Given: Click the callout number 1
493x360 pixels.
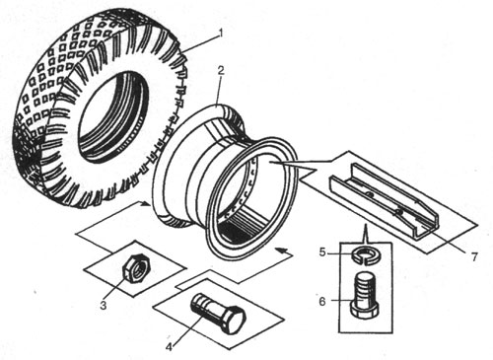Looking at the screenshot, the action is point(221,34).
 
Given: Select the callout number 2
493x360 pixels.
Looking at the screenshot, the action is point(220,70).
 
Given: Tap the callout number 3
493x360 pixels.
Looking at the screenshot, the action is point(104,306).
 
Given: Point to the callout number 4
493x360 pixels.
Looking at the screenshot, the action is point(170,346).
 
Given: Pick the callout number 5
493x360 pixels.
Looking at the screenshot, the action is point(322,252).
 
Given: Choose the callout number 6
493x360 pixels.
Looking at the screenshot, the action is point(322,301).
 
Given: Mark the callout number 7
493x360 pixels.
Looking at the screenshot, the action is point(473,256).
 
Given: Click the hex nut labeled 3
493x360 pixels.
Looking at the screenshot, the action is point(136,266).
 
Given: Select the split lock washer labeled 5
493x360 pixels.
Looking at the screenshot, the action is point(365,254).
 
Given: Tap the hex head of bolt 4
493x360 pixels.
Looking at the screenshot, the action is point(234,321).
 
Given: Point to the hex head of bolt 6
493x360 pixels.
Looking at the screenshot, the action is point(364,310).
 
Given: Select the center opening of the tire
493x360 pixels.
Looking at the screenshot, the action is point(112,116).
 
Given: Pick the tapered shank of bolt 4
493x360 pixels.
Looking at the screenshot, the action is point(207,306).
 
